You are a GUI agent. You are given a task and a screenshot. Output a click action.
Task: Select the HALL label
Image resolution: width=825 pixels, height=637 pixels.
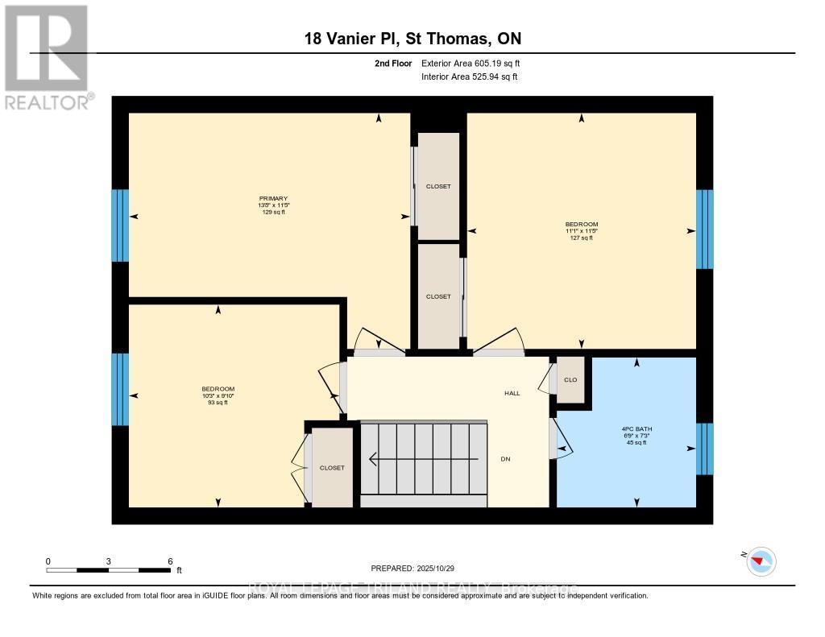pos(512,394)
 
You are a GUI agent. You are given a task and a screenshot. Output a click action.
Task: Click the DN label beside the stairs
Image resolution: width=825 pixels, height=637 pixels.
pos(505,459)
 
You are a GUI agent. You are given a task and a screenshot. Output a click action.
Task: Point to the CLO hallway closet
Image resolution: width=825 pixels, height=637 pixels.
pos(571,379)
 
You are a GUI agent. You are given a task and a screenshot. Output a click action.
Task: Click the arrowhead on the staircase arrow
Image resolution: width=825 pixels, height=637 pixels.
pos(373,460)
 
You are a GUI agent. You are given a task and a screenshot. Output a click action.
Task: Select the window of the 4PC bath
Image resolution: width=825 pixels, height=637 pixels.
pos(704,449)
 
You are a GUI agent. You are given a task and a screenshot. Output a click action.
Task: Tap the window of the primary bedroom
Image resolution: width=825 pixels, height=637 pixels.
pos(120,225)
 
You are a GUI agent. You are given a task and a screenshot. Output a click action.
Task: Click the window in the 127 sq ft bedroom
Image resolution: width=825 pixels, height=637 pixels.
pos(704,230)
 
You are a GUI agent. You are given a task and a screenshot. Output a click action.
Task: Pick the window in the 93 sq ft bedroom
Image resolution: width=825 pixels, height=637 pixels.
pos(120,389)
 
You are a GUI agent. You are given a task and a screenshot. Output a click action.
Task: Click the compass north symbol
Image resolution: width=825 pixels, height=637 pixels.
pos(761,560)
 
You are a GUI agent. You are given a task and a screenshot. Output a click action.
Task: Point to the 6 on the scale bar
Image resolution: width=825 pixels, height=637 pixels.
pos(169,560)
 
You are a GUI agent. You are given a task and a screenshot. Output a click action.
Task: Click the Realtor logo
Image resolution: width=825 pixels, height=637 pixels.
pos(46,56)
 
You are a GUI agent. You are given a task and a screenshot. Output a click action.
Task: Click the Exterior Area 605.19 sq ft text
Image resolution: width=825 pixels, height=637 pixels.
pos(476,63)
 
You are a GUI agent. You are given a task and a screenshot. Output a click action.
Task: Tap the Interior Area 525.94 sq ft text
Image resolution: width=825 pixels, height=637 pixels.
pos(469,77)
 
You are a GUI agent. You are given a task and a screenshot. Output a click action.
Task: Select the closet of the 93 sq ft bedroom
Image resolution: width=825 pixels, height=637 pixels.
pos(332,468)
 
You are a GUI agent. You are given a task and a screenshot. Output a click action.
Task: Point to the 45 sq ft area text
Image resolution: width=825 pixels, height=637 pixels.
pos(637,442)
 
